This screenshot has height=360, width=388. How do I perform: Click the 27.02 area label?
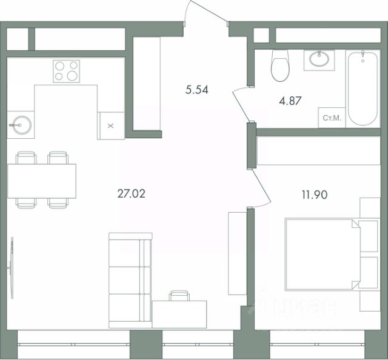(132, 194)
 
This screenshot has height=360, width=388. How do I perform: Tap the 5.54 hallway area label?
(197, 90)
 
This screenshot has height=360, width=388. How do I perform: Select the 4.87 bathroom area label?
(290, 101)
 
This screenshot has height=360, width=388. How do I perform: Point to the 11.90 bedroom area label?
(315, 195)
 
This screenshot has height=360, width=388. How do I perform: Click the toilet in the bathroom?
(280, 65)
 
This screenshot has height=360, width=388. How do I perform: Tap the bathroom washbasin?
(319, 60)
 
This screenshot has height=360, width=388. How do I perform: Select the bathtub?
(363, 88)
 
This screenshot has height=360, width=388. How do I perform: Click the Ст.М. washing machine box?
(332, 118)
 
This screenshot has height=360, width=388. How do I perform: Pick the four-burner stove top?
(66, 71)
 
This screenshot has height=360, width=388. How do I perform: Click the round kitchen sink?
(22, 125)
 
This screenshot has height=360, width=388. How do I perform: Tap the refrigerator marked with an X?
(110, 125)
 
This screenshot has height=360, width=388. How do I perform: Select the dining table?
(42, 181)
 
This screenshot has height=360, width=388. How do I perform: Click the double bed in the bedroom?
(332, 254)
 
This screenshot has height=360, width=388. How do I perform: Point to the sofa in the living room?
(130, 281)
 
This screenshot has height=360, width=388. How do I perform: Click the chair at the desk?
(179, 295)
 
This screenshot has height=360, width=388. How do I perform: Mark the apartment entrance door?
(206, 12)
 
